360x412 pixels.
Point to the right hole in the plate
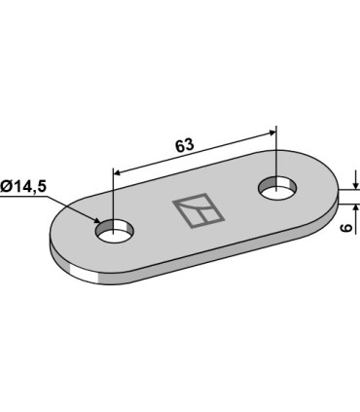pos(279,185)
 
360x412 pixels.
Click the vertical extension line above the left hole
pos(115,195)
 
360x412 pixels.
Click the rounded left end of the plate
pos(58,243)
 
